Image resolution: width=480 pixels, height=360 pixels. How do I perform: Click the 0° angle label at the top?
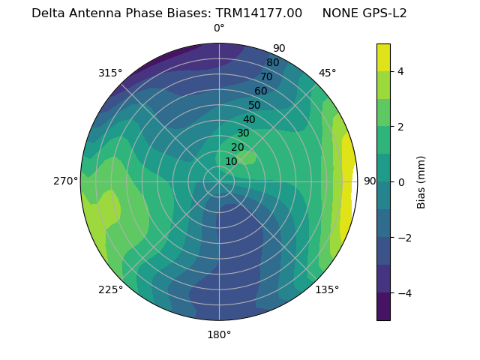219,28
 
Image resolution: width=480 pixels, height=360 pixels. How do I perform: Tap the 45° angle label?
327,73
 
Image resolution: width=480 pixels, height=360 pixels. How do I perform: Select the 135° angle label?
327,289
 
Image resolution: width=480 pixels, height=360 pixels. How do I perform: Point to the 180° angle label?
219,334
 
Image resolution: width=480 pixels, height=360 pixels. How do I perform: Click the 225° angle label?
110,289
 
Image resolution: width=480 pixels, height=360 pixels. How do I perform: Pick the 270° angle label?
66,181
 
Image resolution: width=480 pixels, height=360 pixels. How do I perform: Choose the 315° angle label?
110,73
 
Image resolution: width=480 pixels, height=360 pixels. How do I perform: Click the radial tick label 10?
231,161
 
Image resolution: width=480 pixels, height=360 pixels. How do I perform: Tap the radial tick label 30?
243,133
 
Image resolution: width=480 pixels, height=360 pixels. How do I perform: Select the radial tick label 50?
254,106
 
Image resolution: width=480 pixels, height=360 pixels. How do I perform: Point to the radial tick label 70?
266,77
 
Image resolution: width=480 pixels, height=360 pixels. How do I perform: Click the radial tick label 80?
272,63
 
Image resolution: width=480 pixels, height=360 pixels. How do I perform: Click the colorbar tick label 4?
400,71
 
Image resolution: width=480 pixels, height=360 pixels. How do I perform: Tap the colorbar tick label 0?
400,181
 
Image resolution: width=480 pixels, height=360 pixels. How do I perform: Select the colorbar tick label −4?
403,292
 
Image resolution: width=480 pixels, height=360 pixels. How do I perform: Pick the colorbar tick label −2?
403,237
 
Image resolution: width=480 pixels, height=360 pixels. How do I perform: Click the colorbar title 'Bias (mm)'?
421,181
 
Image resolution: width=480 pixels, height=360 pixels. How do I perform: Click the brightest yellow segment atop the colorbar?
383,57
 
